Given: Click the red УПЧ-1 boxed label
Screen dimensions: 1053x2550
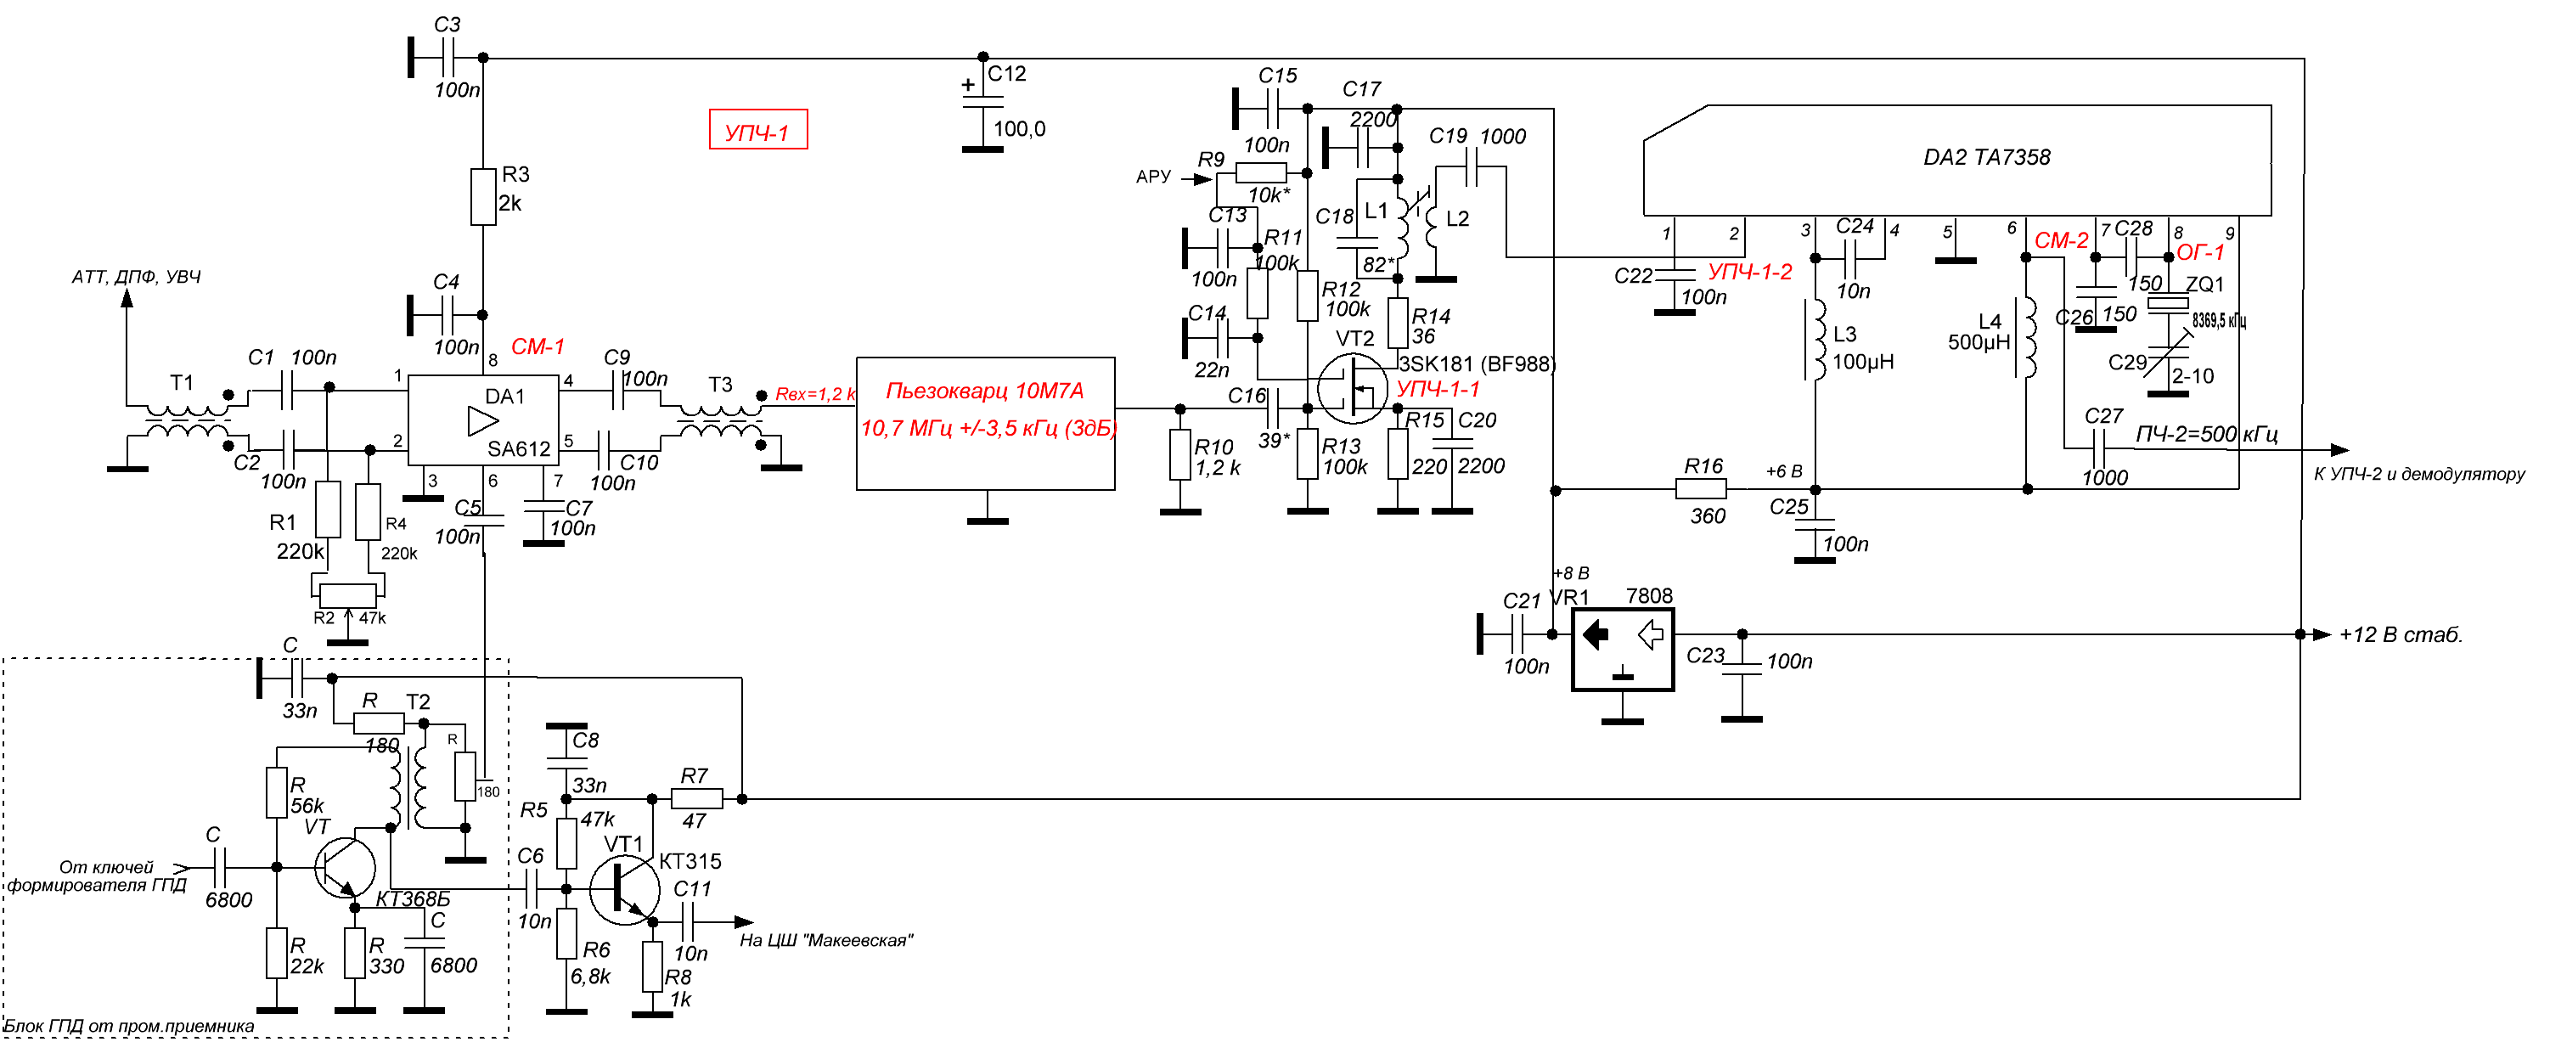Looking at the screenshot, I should point(757,130).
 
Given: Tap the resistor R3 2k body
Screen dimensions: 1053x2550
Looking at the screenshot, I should point(483,196).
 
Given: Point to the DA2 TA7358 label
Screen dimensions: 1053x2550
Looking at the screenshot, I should point(1986,157).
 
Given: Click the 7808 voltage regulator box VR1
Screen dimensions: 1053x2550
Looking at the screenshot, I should point(1623,648).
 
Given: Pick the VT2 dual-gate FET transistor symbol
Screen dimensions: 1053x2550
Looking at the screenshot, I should point(1352,388).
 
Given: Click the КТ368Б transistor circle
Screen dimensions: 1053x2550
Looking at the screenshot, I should point(345,868).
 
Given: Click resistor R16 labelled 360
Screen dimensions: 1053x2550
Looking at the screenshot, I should point(1701,489).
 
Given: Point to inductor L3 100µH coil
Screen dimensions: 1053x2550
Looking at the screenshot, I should point(1816,340).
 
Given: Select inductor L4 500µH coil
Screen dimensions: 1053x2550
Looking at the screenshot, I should point(2027,337).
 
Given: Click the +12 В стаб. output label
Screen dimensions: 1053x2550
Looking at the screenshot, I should point(2400,635).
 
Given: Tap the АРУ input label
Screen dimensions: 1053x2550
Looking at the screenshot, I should point(1153,177).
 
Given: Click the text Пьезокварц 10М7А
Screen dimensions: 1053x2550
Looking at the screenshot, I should point(984,391).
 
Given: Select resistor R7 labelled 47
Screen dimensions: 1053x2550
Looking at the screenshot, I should point(697,798).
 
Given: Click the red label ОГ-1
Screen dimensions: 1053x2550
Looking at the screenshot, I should point(2199,253).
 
